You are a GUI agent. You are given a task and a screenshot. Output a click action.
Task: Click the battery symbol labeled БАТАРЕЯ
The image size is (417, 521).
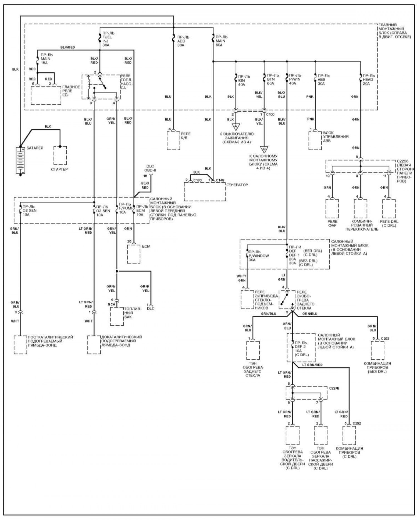20,161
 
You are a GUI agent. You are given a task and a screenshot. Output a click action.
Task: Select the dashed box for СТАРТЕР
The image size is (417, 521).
60,155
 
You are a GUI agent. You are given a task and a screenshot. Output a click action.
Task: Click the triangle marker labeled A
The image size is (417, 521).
236,127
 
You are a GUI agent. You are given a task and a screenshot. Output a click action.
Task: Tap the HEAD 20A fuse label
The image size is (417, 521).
368,80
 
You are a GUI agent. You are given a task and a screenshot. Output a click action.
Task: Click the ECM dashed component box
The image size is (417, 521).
133,254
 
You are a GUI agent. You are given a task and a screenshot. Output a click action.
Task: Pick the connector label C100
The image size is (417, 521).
270,114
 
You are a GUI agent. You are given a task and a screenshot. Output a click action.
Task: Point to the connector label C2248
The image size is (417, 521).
334,388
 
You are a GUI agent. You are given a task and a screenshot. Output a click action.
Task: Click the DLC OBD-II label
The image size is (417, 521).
150,168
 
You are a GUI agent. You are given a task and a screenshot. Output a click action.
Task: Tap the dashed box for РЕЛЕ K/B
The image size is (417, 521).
173,141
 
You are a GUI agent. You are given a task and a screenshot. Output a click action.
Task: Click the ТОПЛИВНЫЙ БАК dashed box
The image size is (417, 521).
116,316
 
